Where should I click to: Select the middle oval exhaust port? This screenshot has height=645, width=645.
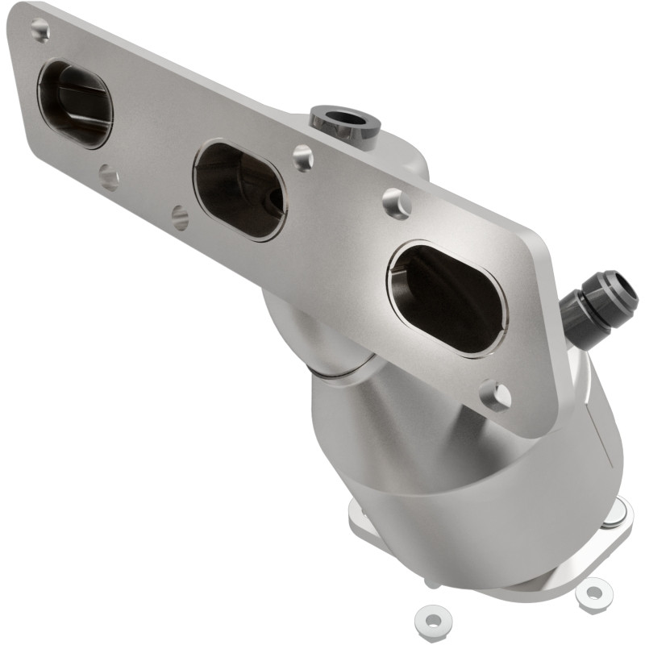(239, 189)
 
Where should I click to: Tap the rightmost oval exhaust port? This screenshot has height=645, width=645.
(447, 299)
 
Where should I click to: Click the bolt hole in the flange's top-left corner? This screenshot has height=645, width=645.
(40, 31)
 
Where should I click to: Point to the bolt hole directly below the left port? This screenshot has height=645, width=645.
(108, 177)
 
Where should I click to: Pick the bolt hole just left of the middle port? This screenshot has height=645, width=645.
(180, 216)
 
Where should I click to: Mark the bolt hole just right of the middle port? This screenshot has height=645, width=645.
(303, 157)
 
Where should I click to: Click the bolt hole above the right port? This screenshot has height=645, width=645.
(397, 203)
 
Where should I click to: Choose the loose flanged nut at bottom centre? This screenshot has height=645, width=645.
(431, 619)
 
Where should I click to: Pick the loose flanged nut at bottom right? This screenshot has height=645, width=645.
(594, 593)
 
